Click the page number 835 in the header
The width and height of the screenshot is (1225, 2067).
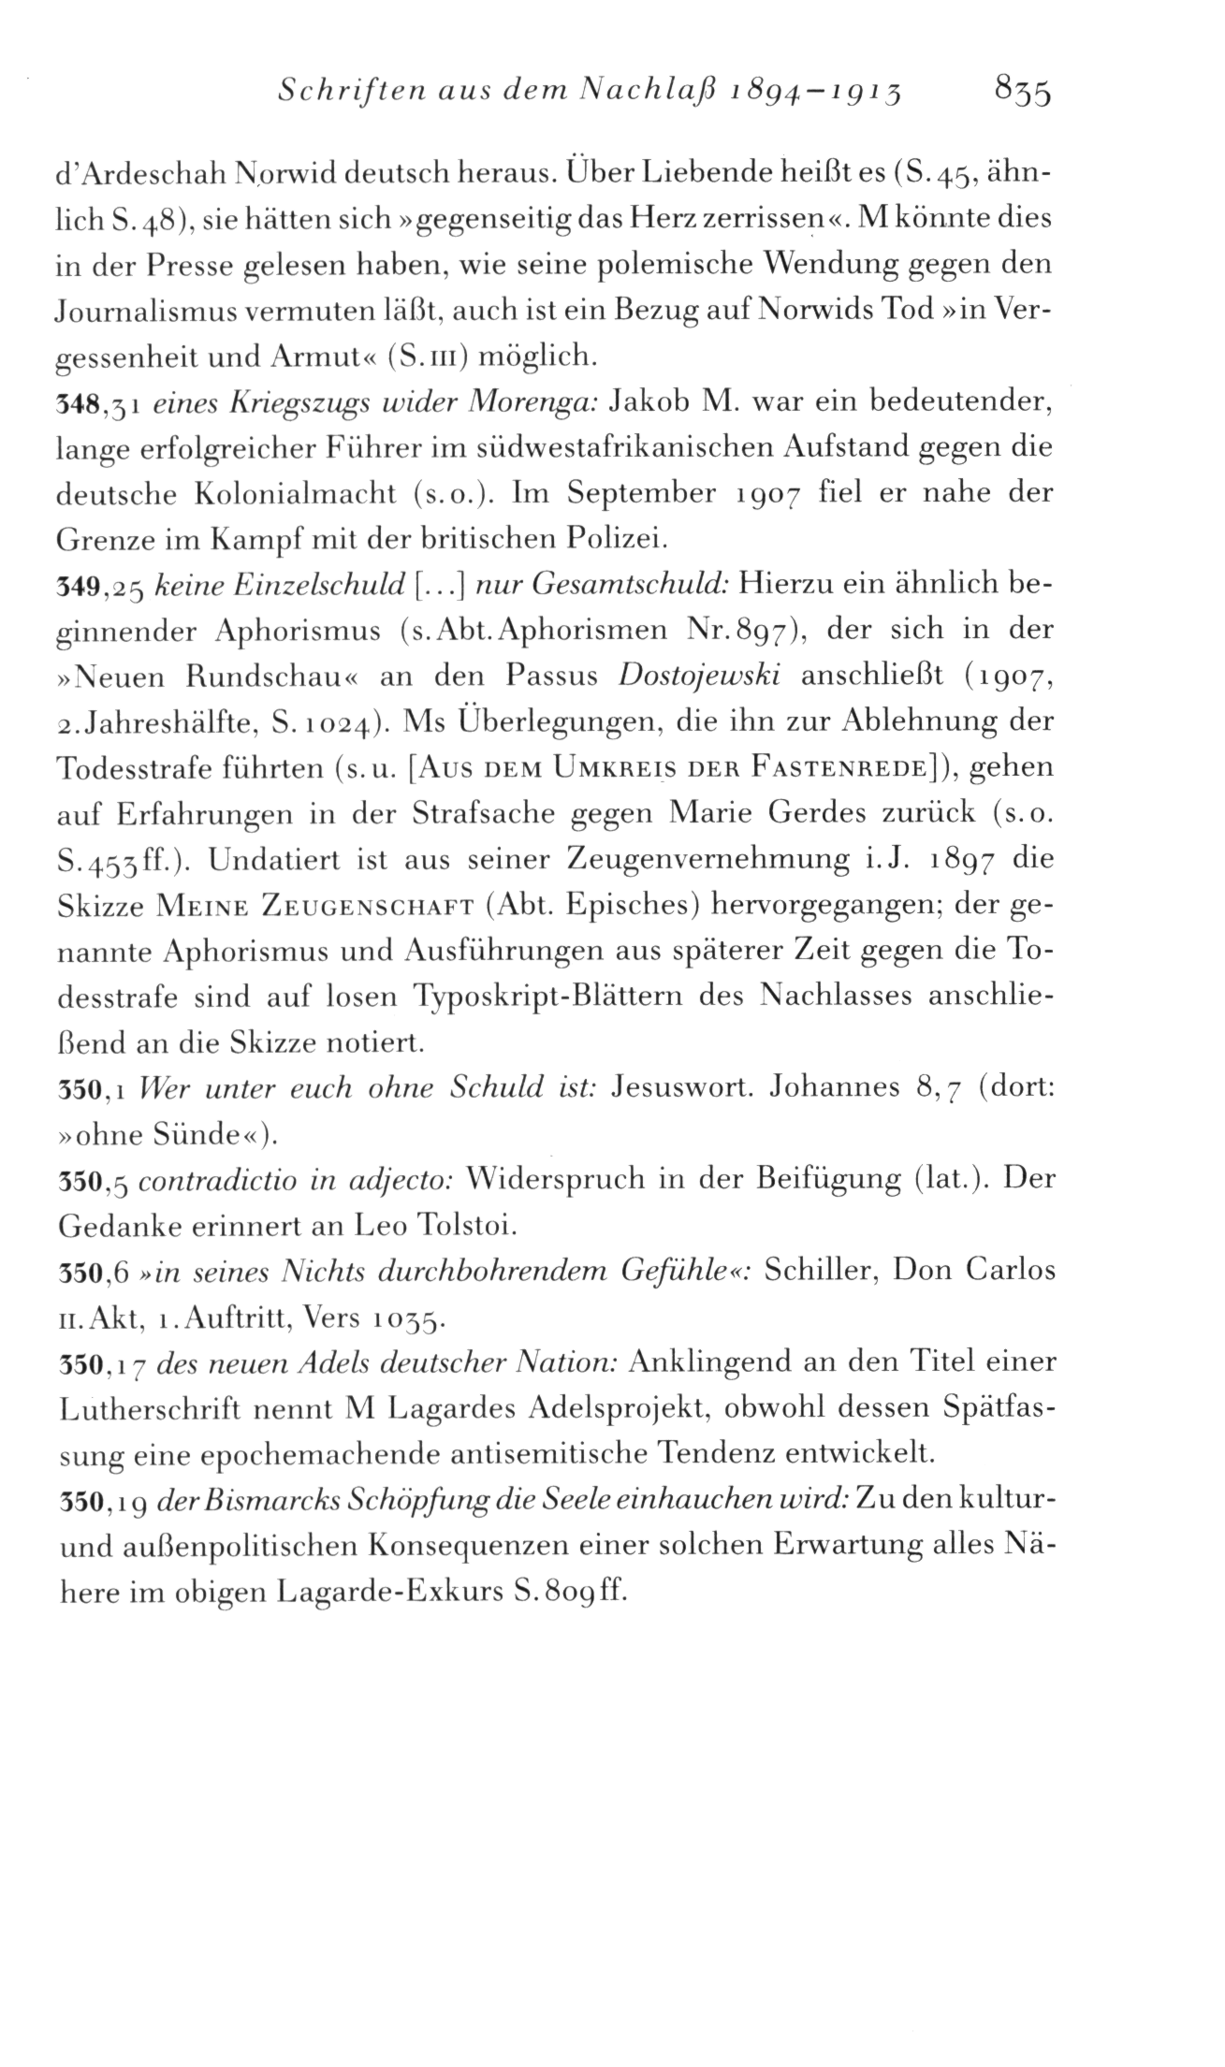tap(1025, 94)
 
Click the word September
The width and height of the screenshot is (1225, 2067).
tap(644, 493)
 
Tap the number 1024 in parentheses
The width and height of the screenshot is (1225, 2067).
tap(330, 722)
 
